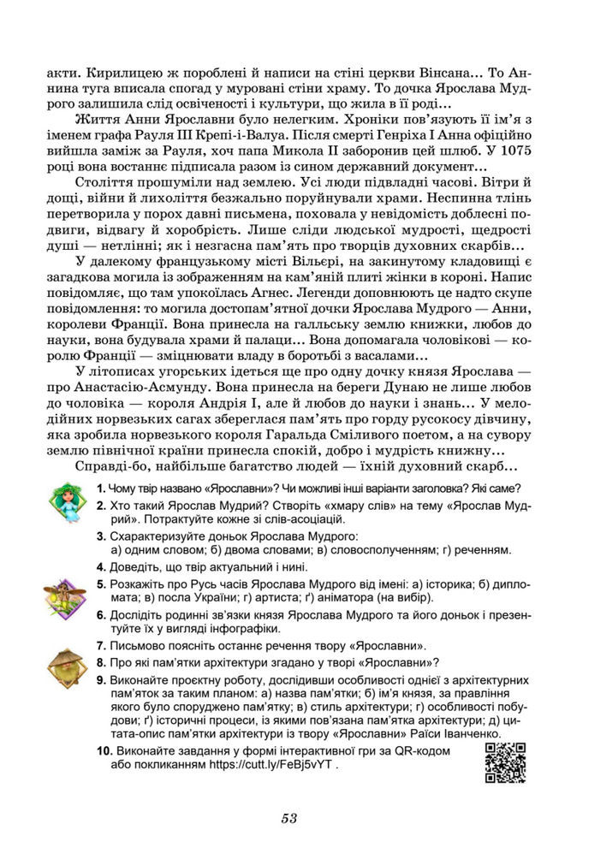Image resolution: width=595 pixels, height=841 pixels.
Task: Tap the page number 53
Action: click(x=289, y=819)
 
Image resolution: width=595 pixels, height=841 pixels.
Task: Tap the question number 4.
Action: click(x=101, y=566)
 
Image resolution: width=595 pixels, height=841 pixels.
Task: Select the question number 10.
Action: click(x=104, y=750)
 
